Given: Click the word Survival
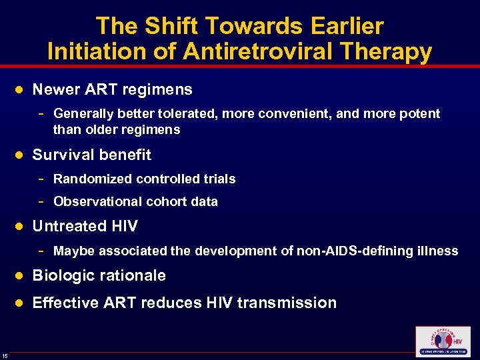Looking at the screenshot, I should pyautogui.click(x=61, y=155).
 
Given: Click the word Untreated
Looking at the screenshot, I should pyautogui.click(x=67, y=226).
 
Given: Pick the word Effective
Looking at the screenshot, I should pyautogui.click(x=65, y=303).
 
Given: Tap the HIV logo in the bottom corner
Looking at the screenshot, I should pyautogui.click(x=442, y=341).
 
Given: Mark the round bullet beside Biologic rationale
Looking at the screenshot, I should pyautogui.click(x=20, y=276).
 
